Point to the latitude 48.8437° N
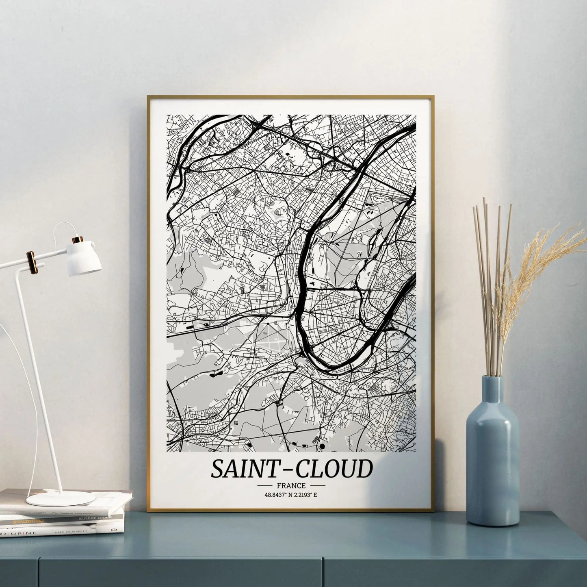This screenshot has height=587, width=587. coord(278,495)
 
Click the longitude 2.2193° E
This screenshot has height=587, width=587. coord(305,495)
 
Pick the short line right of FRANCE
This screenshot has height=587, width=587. coord(317,485)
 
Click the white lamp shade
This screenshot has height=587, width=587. coord(85,258)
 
